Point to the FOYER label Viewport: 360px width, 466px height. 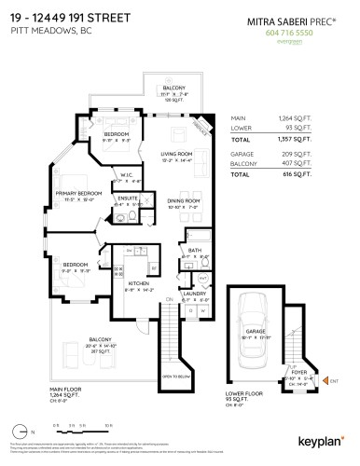click(x=300, y=372)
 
